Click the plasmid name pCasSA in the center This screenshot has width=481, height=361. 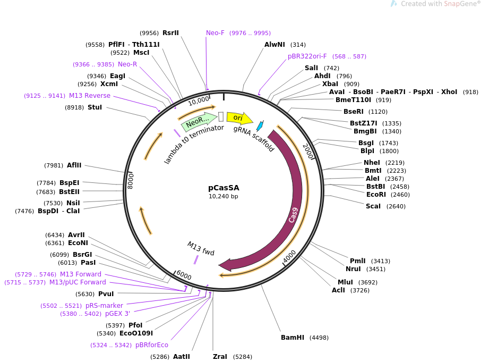[224, 188]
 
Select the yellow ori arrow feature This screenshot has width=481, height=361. [238, 117]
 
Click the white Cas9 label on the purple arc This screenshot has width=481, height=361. [294, 215]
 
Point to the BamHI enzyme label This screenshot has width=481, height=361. [293, 338]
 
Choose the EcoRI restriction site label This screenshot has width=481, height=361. [376, 195]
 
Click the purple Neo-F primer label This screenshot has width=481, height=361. [215, 33]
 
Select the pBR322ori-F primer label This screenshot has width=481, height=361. [307, 56]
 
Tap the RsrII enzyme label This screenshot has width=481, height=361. [170, 33]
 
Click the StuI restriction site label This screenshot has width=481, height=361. [95, 107]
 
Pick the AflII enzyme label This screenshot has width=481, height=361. [74, 165]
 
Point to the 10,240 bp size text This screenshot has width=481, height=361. [224, 197]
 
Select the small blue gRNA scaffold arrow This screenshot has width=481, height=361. [260, 126]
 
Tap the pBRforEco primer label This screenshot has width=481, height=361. [152, 345]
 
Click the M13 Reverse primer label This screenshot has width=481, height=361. [90, 96]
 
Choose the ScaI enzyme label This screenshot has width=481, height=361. [373, 206]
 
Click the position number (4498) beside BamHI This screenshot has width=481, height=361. [319, 338]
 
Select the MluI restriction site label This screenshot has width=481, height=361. [345, 282]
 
